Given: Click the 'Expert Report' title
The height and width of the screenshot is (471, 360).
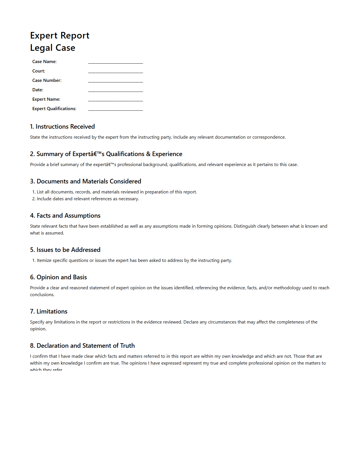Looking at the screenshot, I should [60, 35].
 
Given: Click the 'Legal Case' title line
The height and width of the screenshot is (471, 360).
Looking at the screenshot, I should [53, 48].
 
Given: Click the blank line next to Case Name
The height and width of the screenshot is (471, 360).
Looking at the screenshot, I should [115, 62].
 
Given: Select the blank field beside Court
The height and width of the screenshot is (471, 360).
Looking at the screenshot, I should [115, 71].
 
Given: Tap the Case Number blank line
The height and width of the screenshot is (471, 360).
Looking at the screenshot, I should [115, 81].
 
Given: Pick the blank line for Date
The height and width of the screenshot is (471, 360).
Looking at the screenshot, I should [115, 90].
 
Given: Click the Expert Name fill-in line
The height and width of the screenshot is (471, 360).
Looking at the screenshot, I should [115, 100].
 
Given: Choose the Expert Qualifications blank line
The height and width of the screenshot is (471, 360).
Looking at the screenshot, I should [115, 109].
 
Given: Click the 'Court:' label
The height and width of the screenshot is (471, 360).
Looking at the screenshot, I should [39, 71].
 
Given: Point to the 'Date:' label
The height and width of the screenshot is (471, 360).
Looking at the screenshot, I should [38, 90].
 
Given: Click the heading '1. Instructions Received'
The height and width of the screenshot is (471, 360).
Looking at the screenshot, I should [62, 127].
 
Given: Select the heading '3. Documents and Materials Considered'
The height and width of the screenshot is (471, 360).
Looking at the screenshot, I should [86, 181].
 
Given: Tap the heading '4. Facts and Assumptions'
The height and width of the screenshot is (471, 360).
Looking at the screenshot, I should [65, 216].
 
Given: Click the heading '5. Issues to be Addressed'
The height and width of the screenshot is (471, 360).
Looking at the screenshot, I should [65, 250].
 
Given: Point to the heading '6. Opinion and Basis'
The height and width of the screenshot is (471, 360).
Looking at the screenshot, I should [58, 277].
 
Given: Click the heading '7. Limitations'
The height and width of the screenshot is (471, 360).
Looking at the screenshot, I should [49, 312].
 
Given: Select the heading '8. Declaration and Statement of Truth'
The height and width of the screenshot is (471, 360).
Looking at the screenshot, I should [82, 346].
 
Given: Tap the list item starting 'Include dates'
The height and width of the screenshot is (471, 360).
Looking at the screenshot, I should [88, 199].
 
